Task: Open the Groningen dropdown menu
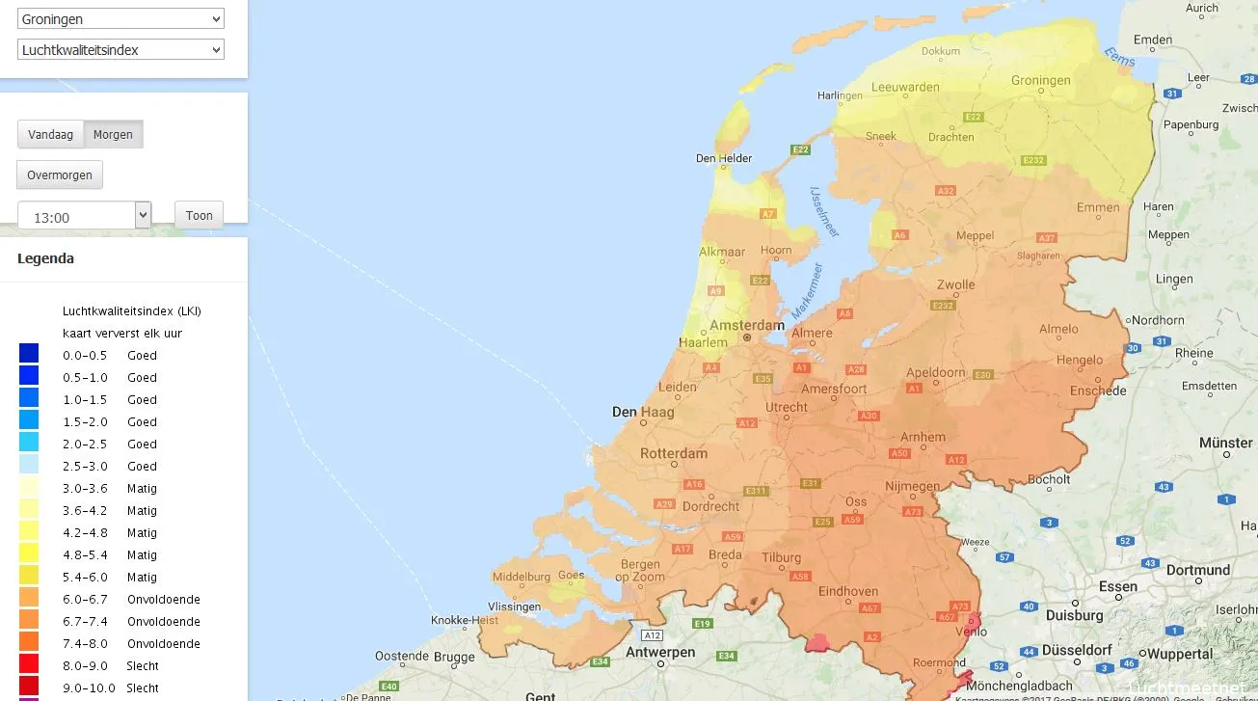[x=120, y=18]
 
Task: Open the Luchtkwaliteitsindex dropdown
[x=120, y=49]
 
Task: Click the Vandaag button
[x=50, y=134]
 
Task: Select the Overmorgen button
[x=60, y=175]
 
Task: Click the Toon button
[x=199, y=215]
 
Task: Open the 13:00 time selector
[x=85, y=216]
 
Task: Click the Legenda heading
[x=45, y=258]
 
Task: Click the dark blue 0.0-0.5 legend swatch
[x=29, y=354]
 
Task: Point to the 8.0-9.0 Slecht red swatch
[x=29, y=664]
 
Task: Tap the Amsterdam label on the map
[x=746, y=326]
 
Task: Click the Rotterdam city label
[x=673, y=453]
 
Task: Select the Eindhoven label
[x=847, y=591]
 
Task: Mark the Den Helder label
[x=724, y=158]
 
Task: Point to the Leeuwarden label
[x=904, y=87]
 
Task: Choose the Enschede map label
[x=1097, y=391]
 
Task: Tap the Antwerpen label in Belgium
[x=660, y=653]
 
